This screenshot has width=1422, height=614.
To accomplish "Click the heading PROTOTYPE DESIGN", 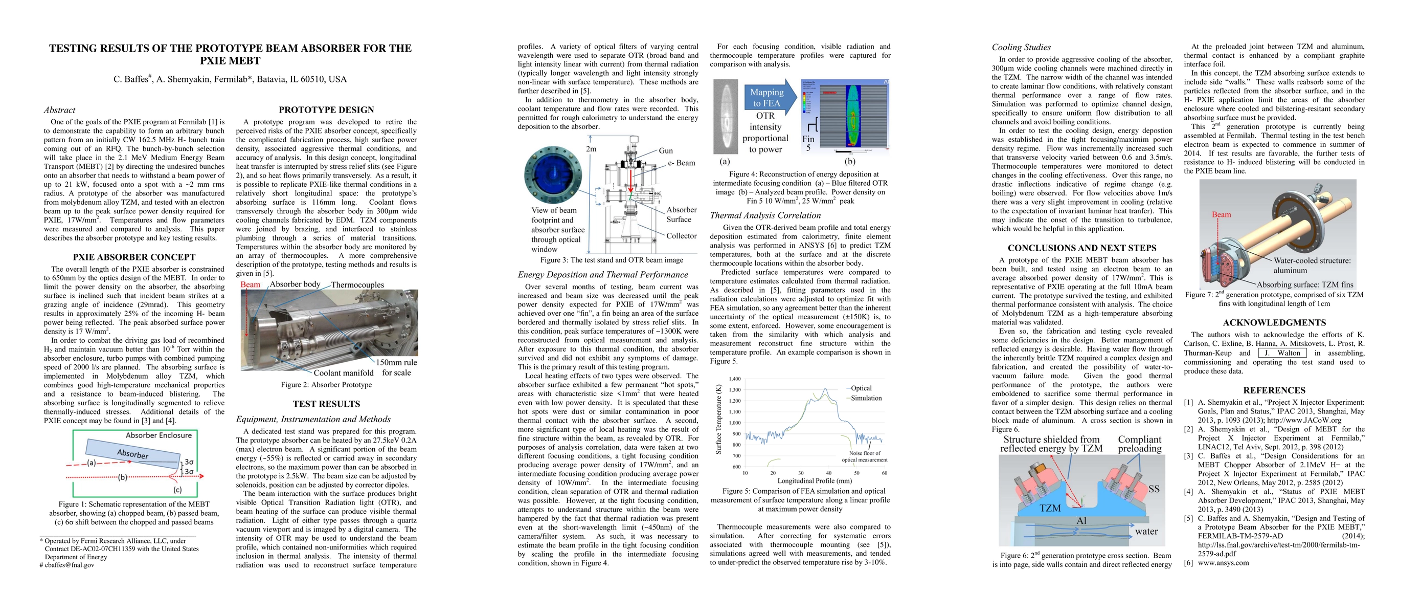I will (326, 110).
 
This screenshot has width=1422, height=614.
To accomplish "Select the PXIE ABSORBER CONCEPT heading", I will (134, 257).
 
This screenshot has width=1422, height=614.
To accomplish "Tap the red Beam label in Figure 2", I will (250, 284).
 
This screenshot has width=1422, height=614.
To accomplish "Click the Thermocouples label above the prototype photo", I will (357, 285).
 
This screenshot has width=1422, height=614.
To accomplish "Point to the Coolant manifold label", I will (343, 372).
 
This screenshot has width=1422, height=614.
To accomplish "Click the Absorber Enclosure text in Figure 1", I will (159, 435).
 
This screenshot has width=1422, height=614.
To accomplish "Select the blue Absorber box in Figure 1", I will (133, 453).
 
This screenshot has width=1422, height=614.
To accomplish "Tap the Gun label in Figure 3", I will (666, 150).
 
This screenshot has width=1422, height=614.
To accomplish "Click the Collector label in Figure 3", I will (681, 236).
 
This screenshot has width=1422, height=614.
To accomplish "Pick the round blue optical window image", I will (553, 176).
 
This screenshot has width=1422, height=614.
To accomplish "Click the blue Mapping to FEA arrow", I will (769, 98).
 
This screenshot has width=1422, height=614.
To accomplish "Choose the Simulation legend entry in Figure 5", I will (866, 398).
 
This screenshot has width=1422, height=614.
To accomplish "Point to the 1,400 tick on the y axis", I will (734, 379).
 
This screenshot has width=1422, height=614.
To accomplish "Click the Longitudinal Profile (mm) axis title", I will (814, 481).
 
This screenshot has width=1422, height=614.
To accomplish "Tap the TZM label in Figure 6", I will (1050, 508).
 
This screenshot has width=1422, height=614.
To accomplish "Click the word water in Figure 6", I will (1146, 531).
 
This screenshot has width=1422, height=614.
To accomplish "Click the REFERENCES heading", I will (1274, 390).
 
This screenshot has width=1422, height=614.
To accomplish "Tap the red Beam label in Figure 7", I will (1221, 215).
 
